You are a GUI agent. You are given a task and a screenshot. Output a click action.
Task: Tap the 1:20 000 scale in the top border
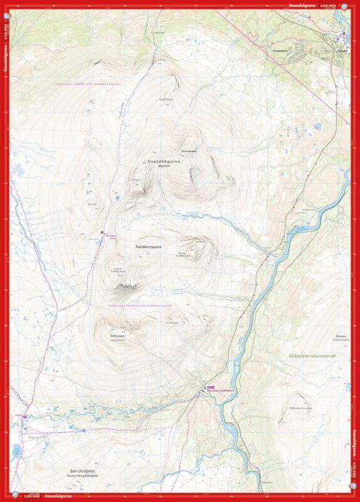[328, 5]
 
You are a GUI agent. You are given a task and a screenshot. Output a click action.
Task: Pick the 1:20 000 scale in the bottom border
[31, 497]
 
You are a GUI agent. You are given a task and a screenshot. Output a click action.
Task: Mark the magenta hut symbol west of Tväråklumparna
[102, 233]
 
